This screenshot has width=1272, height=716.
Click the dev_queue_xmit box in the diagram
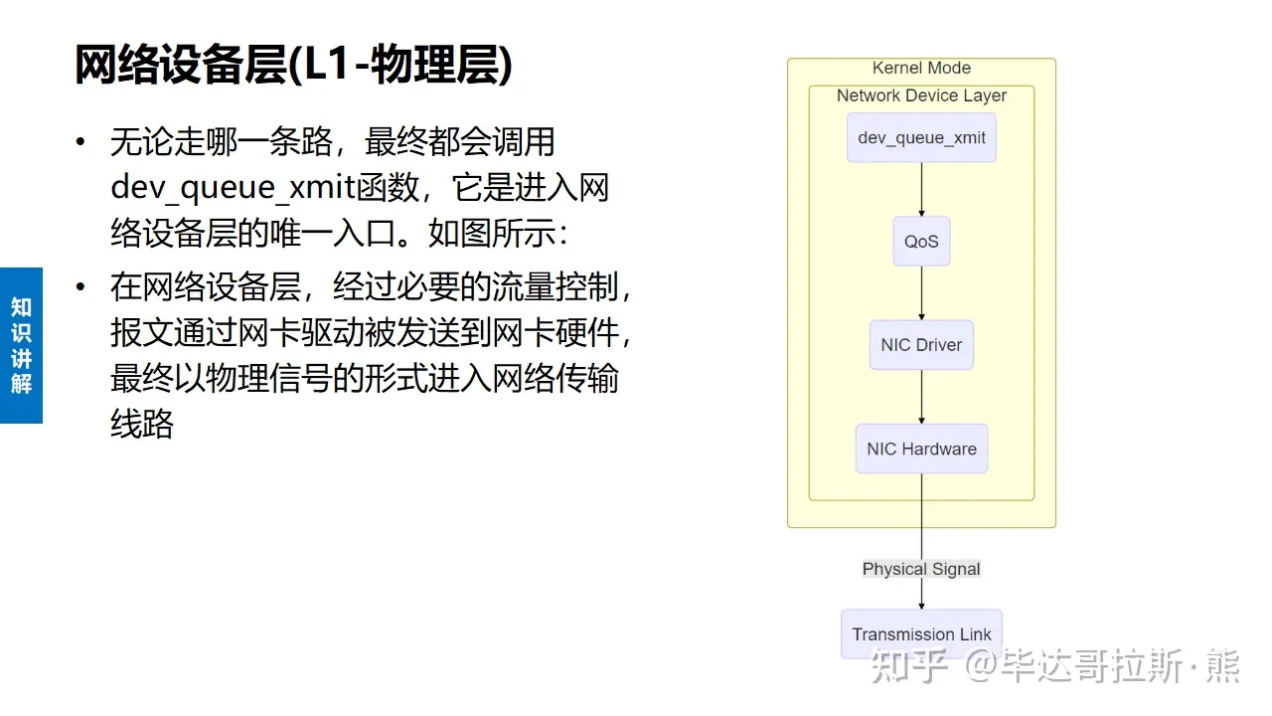click(x=921, y=138)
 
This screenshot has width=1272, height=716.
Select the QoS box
click(x=921, y=242)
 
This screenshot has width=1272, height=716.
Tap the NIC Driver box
click(x=921, y=345)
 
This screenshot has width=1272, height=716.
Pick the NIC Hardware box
click(x=921, y=448)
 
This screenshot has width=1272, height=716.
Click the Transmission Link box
click(x=921, y=634)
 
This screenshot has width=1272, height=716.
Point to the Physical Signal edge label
click(x=921, y=569)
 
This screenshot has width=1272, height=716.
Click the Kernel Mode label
click(x=921, y=68)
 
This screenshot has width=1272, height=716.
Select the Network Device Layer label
click(x=921, y=95)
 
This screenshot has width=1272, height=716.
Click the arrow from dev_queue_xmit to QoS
click(x=921, y=189)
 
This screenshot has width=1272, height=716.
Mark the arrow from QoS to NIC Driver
click(x=921, y=292)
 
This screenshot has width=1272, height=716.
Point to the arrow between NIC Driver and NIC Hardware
click(x=921, y=397)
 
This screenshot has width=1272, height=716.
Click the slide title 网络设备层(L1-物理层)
click(x=294, y=66)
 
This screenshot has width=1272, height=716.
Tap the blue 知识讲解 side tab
click(x=21, y=345)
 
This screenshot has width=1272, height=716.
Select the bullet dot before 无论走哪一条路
click(x=80, y=142)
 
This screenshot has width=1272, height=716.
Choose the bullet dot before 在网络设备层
click(x=80, y=288)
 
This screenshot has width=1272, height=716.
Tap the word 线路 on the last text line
click(x=142, y=425)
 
